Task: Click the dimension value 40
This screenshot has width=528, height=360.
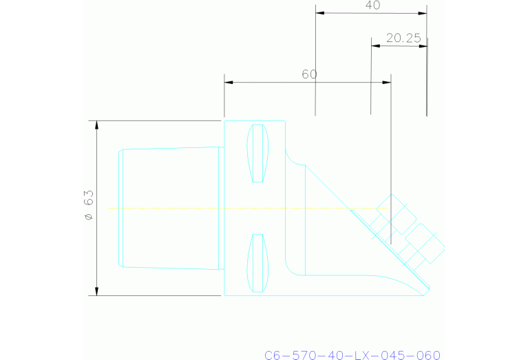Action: click(x=372, y=6)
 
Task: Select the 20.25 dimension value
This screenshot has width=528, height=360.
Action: click(x=403, y=39)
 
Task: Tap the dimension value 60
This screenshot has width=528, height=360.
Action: click(x=309, y=74)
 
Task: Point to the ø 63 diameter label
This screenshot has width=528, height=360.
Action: click(x=88, y=207)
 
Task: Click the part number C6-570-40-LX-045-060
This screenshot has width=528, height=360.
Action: click(x=352, y=354)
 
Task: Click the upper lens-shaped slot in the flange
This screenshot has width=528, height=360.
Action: click(x=257, y=153)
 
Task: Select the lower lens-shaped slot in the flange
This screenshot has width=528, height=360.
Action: click(x=257, y=262)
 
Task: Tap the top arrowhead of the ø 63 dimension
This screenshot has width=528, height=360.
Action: click(x=96, y=125)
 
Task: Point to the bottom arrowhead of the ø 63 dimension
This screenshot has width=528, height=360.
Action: click(x=96, y=290)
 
